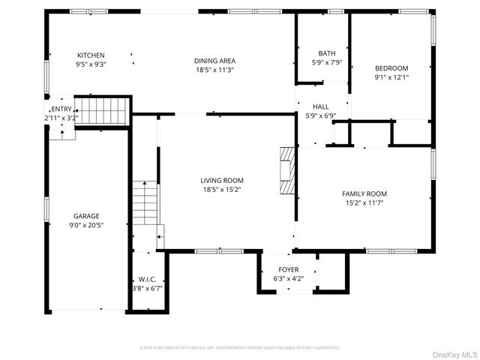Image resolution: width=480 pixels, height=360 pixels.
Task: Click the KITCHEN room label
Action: coord(91,55)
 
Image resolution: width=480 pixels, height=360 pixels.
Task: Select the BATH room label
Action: coord(327,53)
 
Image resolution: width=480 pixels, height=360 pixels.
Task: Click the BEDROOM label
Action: coord(391,67)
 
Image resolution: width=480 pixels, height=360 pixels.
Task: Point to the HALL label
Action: coord(321,106)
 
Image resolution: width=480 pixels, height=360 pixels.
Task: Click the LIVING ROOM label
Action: coord(221,180)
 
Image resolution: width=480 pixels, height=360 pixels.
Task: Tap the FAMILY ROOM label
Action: coord(364,193)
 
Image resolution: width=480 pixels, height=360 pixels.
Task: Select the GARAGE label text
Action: coord(86,216)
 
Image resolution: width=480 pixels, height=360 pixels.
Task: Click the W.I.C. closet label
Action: coord(146,279)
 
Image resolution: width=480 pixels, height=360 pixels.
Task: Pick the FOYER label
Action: coord(288,270)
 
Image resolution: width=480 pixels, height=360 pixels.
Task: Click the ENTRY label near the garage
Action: coord(61,109)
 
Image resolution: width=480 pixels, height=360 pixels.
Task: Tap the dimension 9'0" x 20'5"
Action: coord(86,225)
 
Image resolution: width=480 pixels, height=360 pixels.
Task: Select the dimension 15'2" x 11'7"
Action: coord(364,202)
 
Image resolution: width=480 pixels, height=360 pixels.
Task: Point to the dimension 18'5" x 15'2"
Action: coord(221,189)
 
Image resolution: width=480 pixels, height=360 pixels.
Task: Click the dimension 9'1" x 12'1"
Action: coord(391,76)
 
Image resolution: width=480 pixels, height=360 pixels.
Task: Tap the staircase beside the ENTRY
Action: coord(103,111)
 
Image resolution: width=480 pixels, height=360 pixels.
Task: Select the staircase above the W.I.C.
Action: coord(146,202)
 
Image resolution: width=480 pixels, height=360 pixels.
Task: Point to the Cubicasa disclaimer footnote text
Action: coord(240,348)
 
